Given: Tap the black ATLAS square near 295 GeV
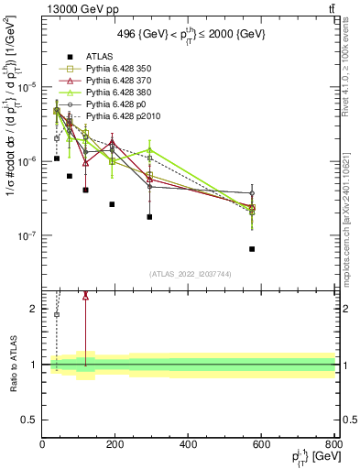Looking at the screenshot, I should coord(149,217).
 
